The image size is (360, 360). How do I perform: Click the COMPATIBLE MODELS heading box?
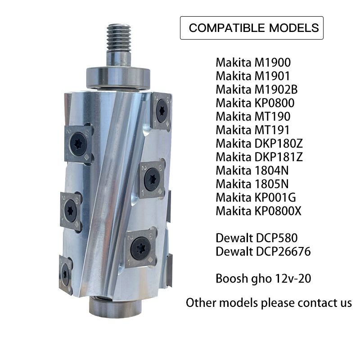[252, 28]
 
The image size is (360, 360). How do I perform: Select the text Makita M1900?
[253, 63]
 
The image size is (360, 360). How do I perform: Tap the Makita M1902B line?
[256, 90]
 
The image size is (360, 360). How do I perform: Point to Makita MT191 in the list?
[252, 130]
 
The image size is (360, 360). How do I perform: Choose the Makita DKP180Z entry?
[259, 144]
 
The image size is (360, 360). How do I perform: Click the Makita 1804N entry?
[252, 171]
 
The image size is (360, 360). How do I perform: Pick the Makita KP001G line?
[256, 198]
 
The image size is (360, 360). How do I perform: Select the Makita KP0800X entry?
[258, 211]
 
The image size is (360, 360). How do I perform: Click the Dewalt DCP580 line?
[256, 238]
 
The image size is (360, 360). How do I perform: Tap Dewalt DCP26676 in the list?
[263, 252]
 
